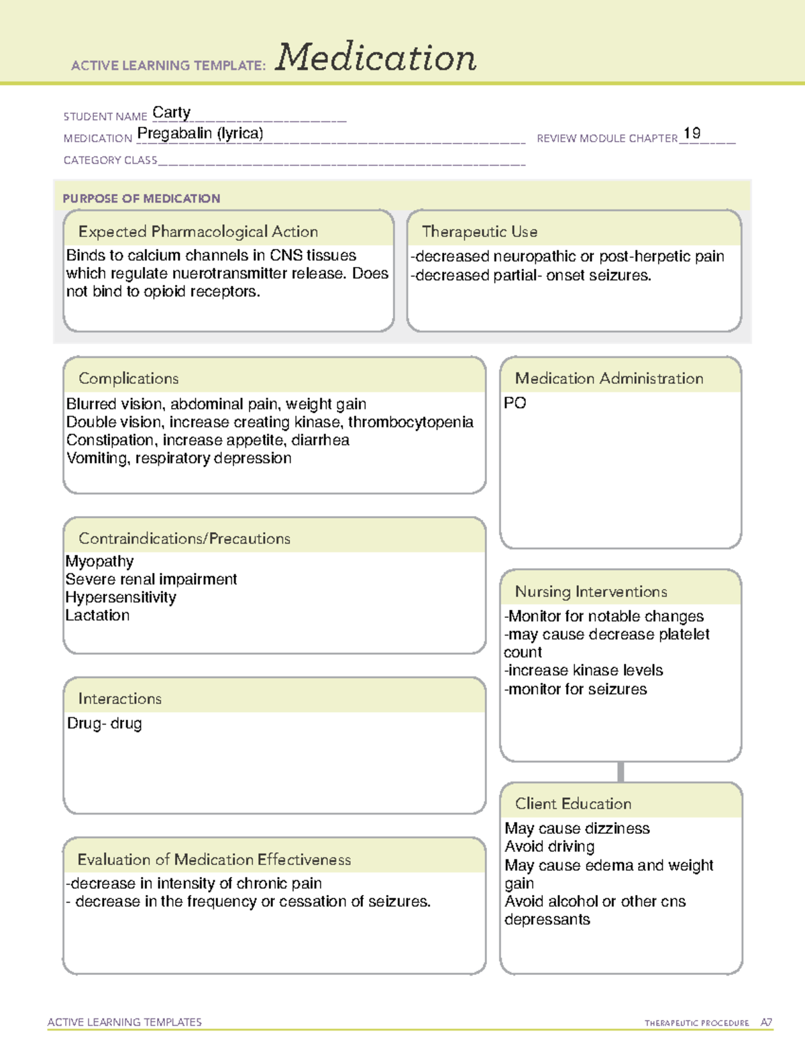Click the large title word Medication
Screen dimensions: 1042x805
(376, 58)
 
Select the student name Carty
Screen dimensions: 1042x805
(172, 112)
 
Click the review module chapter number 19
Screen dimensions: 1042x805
(692, 134)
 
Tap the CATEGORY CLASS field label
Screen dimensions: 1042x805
(110, 160)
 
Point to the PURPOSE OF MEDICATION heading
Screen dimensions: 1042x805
(141, 199)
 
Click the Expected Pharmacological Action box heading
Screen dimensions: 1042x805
(198, 231)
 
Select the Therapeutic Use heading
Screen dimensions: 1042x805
(480, 231)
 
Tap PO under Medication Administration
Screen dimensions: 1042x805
(515, 403)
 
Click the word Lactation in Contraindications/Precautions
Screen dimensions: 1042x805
(98, 615)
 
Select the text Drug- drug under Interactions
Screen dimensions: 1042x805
(105, 723)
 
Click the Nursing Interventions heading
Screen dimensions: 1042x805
(591, 592)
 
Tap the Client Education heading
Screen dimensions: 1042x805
(573, 804)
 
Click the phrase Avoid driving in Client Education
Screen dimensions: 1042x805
(549, 847)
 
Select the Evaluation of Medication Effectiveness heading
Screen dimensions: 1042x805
(214, 859)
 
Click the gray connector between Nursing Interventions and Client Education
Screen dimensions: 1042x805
(621, 772)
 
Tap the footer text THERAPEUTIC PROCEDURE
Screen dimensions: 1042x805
(696, 1023)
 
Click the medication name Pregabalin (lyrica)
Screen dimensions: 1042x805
(200, 134)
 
